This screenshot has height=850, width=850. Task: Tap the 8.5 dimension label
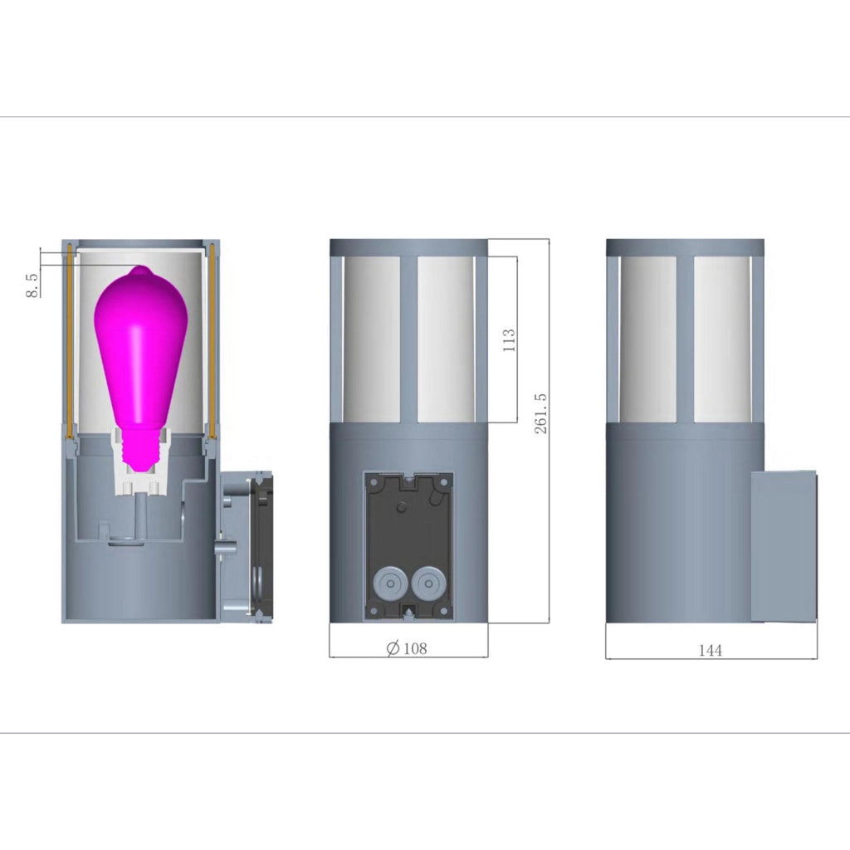click(32, 286)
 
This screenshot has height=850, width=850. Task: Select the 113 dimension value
click(509, 340)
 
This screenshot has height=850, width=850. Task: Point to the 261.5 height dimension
click(541, 413)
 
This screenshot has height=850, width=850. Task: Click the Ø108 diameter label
click(407, 647)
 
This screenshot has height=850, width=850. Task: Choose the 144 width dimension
click(711, 650)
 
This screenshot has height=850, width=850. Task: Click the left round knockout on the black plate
click(390, 584)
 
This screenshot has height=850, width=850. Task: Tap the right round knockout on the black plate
click(429, 584)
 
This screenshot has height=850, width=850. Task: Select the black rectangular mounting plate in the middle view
click(408, 545)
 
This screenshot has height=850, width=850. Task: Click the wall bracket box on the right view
click(784, 546)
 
